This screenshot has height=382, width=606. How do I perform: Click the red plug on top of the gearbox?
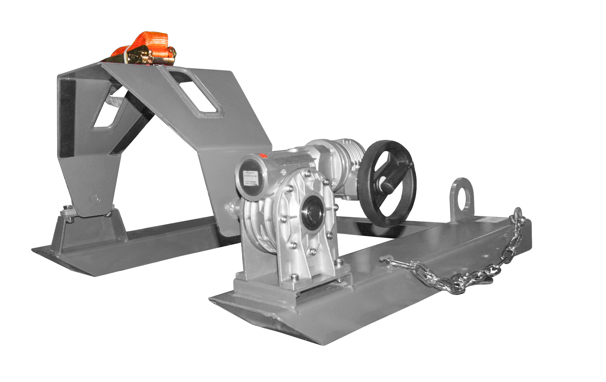[x=262, y=156]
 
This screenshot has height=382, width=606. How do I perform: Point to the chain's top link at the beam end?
[x=517, y=215]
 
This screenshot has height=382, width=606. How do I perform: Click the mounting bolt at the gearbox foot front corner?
[x=294, y=276]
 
